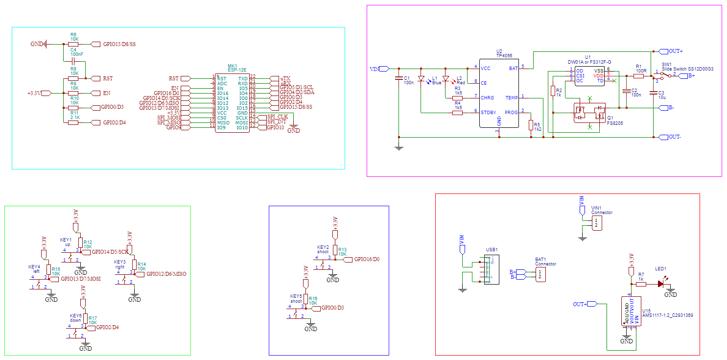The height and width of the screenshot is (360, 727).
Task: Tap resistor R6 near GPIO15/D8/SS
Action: click(73, 44)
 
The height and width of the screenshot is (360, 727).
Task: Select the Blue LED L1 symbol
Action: click(421, 78)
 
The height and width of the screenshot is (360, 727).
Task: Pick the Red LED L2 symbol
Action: click(446, 78)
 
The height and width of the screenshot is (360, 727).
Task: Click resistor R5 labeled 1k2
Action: click(531, 125)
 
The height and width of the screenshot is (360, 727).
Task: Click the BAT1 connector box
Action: click(539, 274)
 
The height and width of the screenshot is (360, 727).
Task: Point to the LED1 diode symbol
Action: click(660, 284)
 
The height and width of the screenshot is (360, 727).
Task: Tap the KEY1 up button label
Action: click(66, 241)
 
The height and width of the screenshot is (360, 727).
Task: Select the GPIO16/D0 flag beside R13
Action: click(366, 259)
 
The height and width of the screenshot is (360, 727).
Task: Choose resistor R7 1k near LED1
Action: click(641, 284)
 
